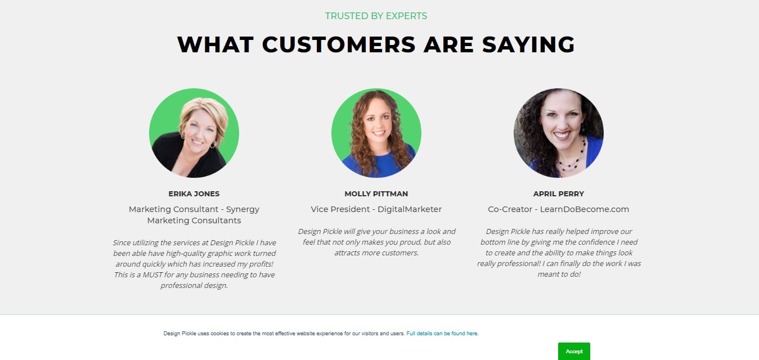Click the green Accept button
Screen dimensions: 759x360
(574, 351)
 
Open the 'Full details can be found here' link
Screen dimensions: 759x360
(442, 333)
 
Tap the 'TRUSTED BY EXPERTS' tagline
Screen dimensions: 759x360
(376, 16)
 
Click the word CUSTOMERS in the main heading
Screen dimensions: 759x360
(339, 44)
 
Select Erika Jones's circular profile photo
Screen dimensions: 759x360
(194, 133)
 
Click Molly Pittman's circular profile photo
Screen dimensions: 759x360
(376, 133)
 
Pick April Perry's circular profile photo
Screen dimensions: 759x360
(558, 133)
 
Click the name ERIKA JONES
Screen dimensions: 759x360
(194, 193)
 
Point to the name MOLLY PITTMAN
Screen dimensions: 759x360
(376, 193)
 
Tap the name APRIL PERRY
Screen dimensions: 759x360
(558, 193)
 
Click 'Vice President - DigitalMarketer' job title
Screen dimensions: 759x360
(376, 209)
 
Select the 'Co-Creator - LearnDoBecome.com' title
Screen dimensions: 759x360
(558, 209)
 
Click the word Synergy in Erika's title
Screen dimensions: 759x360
(242, 210)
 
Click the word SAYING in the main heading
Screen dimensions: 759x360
(528, 44)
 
